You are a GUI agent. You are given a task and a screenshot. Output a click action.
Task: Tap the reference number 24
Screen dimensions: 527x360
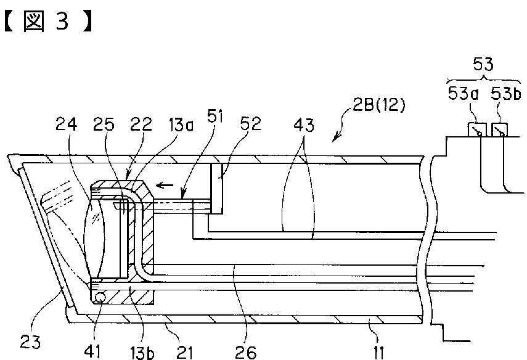[x=66, y=124]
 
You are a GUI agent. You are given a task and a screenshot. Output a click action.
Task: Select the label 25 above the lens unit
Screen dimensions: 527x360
[x=104, y=124]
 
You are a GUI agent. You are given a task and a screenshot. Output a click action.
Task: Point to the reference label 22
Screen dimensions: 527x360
[x=141, y=124]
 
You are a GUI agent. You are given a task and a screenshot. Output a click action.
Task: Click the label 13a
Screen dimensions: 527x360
[x=179, y=125]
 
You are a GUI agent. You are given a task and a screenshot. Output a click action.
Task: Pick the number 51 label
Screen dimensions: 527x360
[x=215, y=117]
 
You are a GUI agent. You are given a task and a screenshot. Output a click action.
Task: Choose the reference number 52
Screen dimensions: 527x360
[x=250, y=123]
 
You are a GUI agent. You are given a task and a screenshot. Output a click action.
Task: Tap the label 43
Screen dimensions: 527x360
[x=304, y=125]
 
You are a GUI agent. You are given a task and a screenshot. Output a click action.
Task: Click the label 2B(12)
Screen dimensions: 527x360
[x=379, y=105]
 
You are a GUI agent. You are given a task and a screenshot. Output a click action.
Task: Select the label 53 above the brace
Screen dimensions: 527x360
[x=483, y=64]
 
